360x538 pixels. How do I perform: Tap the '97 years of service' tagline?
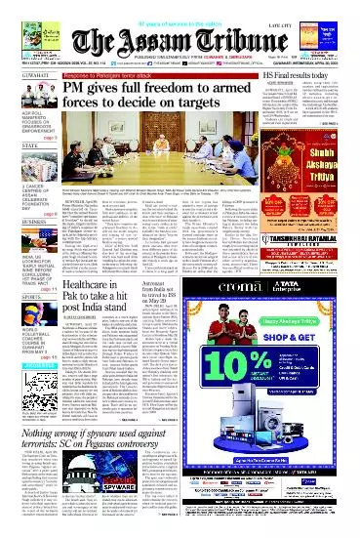click(180, 5)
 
